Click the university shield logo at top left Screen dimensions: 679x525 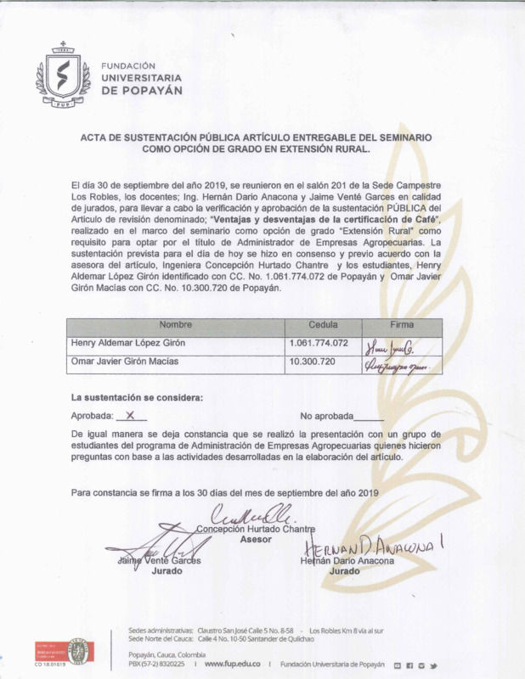tap(62, 76)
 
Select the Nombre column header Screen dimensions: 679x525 tap(176, 325)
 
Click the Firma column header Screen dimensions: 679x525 tap(401, 325)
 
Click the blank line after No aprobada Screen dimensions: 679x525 tap(368, 418)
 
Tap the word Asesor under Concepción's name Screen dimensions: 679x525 tap(256, 540)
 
